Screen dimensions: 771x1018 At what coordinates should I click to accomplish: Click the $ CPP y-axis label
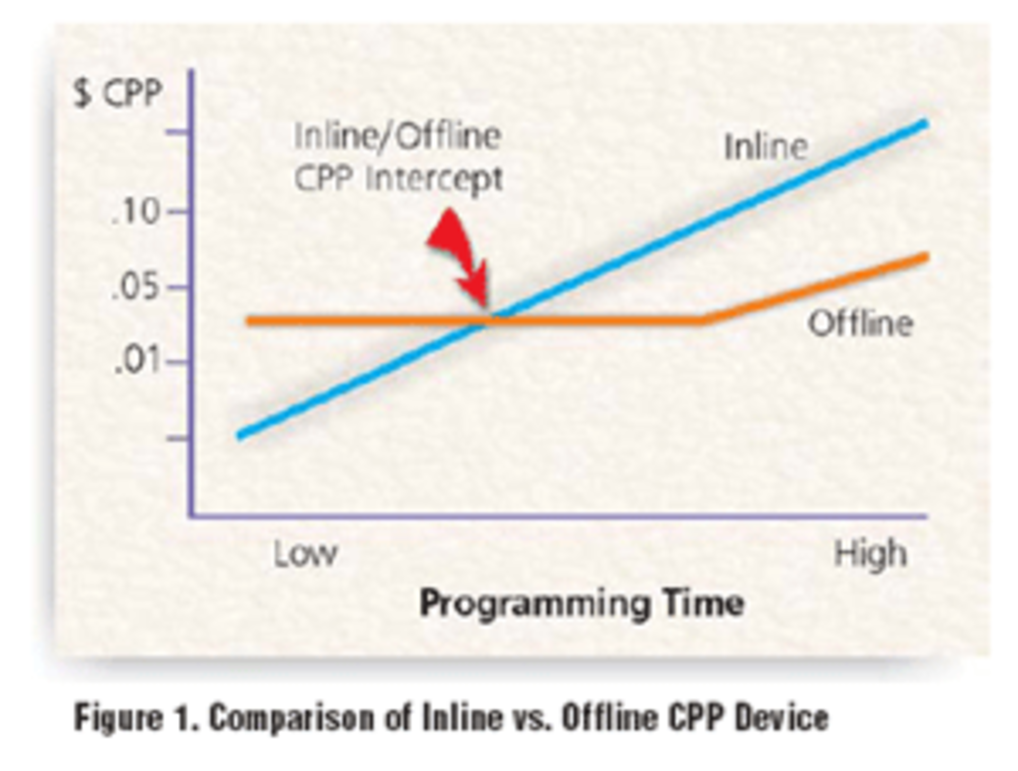click(117, 94)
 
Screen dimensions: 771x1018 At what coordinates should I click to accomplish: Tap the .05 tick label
click(136, 288)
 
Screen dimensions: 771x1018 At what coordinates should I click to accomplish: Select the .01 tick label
click(137, 363)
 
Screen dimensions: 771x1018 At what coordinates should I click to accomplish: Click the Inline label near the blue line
click(766, 147)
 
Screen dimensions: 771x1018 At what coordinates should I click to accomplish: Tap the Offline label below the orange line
click(859, 324)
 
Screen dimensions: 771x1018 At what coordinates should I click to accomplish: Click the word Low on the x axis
click(305, 555)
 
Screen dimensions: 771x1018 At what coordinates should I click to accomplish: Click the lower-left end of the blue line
click(240, 436)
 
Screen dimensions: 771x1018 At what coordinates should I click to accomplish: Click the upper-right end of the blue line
click(925, 124)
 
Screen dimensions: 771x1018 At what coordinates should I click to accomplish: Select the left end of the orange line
click(249, 321)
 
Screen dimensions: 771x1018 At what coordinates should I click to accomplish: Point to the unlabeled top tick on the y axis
click(178, 132)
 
